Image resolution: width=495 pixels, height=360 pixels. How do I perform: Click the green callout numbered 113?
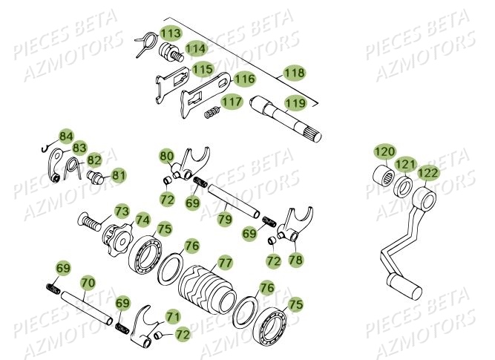[x=171, y=33]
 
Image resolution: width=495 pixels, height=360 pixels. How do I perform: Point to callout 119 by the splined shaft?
[x=295, y=104]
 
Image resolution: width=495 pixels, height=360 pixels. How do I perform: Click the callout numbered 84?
[x=66, y=136]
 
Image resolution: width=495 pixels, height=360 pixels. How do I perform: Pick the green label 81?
[x=119, y=175]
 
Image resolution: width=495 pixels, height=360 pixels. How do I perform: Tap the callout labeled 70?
[x=88, y=282]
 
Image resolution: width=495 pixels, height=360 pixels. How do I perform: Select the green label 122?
[x=429, y=173]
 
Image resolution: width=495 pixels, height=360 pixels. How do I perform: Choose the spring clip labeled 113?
[x=146, y=43]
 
